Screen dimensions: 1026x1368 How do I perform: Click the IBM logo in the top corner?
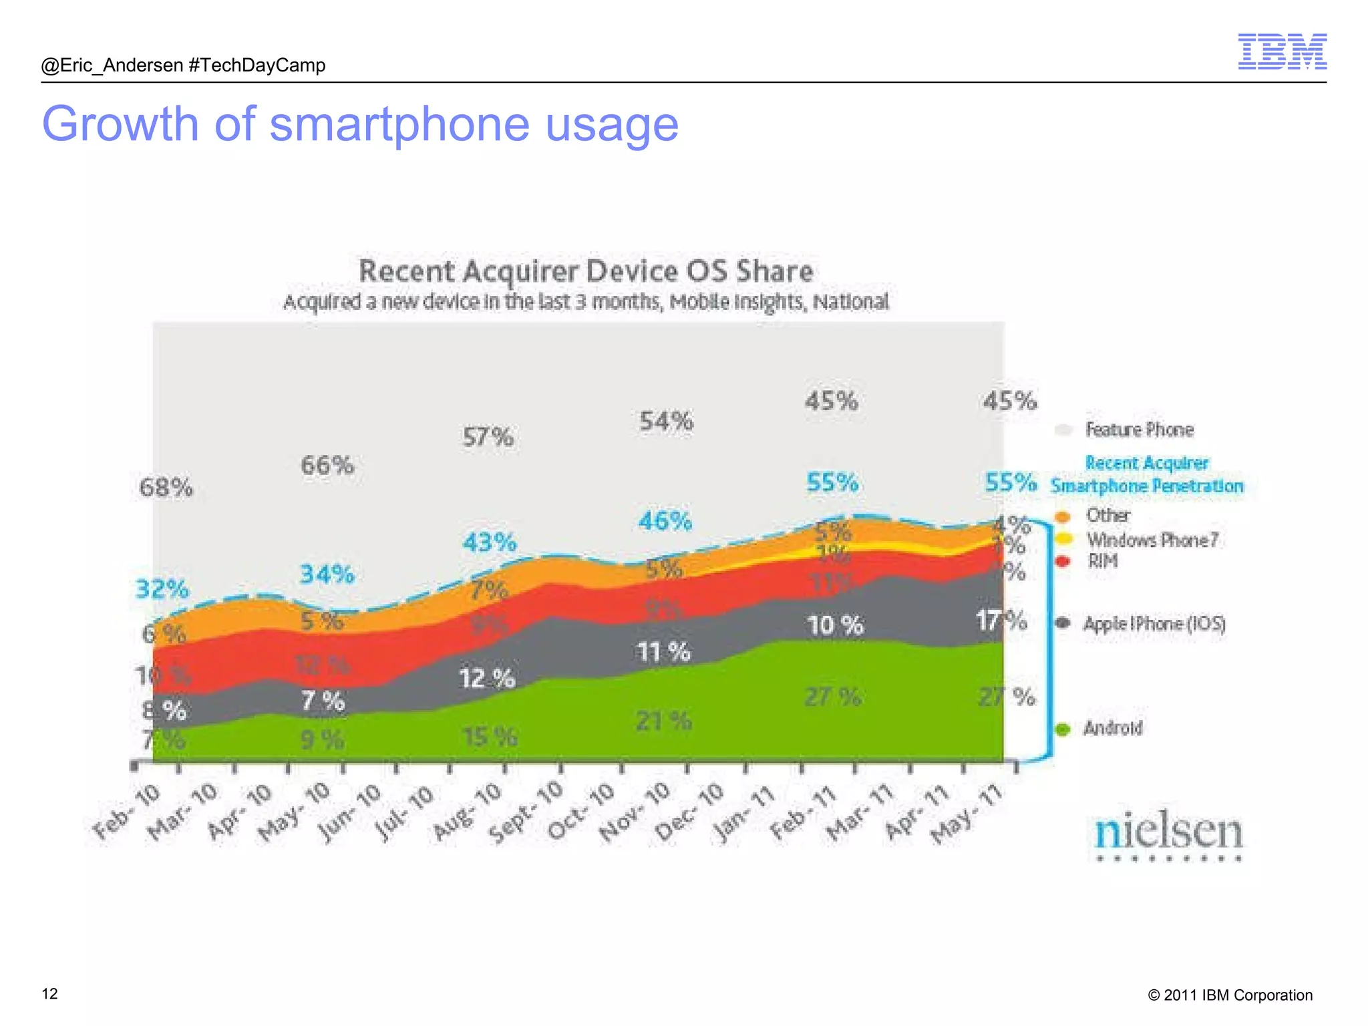pyautogui.click(x=1282, y=51)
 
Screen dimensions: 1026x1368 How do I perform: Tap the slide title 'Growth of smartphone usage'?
pyautogui.click(x=360, y=124)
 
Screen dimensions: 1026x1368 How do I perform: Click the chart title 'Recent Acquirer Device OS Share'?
pyautogui.click(x=586, y=271)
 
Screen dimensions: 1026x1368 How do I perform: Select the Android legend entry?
pyautogui.click(x=1111, y=728)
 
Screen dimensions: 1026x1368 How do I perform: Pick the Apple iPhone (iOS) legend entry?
pyautogui.click(x=1154, y=624)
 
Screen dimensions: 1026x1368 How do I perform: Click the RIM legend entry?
pyautogui.click(x=1101, y=561)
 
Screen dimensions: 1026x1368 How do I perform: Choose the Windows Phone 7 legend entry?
pyautogui.click(x=1152, y=539)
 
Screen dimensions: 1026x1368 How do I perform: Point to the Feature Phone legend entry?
pyautogui.click(x=1138, y=430)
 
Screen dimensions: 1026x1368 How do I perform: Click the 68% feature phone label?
pyautogui.click(x=166, y=488)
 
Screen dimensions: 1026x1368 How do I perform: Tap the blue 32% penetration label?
pyautogui.click(x=162, y=589)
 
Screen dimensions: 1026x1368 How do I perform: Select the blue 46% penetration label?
pyautogui.click(x=665, y=521)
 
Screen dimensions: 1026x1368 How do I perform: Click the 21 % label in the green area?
pyautogui.click(x=663, y=721)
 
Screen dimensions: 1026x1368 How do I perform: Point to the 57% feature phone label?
pyautogui.click(x=488, y=438)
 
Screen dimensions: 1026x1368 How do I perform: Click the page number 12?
pyautogui.click(x=50, y=994)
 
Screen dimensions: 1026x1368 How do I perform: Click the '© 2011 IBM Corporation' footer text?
pyautogui.click(x=1230, y=995)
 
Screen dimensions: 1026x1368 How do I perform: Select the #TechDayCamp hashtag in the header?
pyautogui.click(x=257, y=65)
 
